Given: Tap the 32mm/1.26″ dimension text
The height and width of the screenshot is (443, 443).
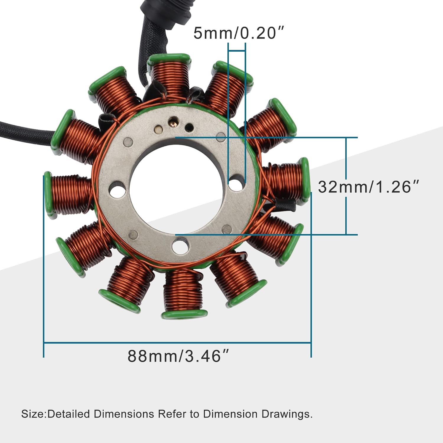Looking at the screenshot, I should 368,187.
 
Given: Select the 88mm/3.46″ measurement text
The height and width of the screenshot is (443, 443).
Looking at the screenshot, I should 178,356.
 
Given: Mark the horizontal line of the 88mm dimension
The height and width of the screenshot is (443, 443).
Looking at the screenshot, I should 177,343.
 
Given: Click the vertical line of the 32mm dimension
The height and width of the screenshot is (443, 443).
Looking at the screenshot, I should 346,186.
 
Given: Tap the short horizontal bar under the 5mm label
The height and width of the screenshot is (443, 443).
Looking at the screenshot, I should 237,51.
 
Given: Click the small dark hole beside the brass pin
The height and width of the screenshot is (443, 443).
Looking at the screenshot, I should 189,128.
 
